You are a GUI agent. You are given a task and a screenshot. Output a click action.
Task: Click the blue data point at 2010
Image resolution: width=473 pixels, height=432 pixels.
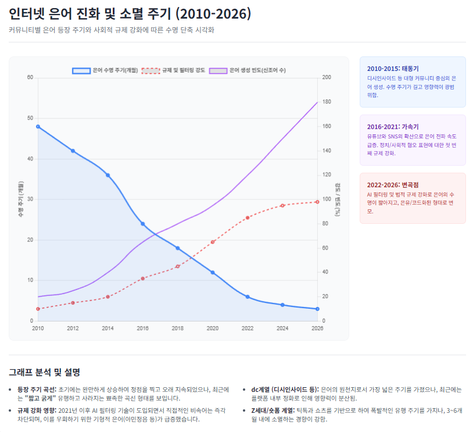click(38, 126)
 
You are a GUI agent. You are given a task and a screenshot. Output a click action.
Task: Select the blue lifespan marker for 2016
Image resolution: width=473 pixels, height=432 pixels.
click(143, 223)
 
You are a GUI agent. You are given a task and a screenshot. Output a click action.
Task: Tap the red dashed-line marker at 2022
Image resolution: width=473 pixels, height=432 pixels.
click(248, 217)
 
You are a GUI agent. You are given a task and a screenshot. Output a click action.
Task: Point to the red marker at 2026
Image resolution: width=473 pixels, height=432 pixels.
click(317, 202)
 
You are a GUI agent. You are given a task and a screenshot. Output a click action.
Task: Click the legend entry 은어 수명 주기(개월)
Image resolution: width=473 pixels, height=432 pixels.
click(105, 70)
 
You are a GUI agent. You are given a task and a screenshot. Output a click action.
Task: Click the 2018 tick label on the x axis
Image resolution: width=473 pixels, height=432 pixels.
click(178, 329)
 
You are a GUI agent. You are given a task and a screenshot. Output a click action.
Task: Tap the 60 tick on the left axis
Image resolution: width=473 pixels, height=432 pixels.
click(30, 77)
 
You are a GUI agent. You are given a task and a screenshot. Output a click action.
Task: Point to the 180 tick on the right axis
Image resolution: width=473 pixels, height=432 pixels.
click(327, 102)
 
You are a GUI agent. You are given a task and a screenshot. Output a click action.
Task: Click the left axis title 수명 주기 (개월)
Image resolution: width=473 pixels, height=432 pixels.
click(20, 199)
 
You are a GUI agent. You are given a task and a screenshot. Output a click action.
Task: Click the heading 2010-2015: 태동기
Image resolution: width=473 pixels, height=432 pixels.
click(393, 68)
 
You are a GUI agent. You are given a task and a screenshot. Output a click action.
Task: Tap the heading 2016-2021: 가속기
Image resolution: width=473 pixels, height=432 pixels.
click(393, 126)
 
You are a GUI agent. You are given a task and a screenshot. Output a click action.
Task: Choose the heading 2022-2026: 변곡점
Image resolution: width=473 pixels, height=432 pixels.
click(393, 184)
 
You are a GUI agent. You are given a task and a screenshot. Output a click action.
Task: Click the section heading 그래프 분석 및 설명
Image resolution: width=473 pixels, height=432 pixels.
click(44, 372)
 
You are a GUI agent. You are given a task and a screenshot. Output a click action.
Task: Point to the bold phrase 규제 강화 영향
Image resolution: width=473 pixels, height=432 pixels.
click(36, 410)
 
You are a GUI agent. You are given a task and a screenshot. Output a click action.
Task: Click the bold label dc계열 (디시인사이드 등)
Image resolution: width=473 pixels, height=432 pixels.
click(285, 389)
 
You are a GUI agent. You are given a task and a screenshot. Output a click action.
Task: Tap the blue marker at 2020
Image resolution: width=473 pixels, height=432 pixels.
click(213, 272)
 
